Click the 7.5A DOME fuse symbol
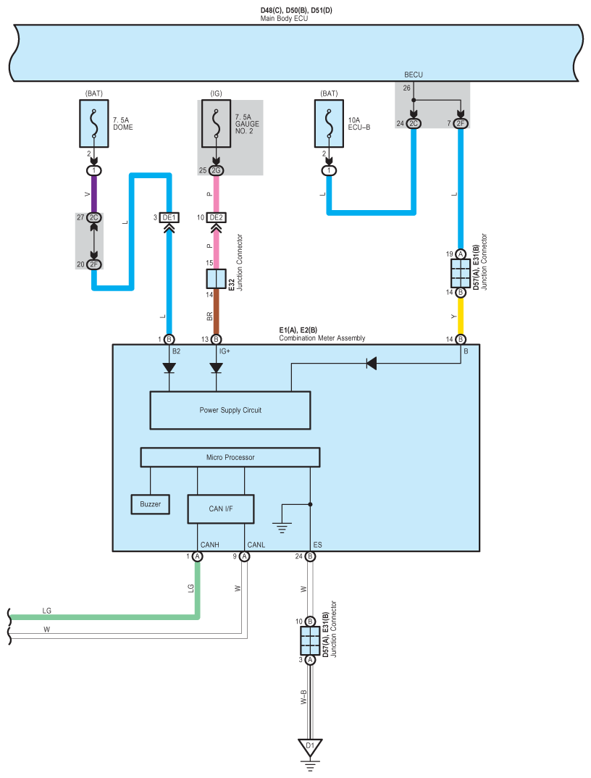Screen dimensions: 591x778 94,124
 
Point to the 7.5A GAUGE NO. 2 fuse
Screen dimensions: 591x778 216,124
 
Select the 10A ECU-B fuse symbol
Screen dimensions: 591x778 329,124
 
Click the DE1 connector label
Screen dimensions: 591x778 169,217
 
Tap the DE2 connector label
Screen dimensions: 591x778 216,217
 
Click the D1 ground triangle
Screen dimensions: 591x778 310,747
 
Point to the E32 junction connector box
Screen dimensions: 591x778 216,279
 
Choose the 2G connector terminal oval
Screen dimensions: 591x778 216,170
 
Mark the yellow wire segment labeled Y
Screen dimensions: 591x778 461,316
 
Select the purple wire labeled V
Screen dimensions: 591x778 94,194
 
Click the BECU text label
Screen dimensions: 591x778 414,75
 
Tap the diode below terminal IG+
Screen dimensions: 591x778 216,368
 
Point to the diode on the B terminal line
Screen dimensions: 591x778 371,363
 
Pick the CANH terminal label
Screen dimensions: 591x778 210,545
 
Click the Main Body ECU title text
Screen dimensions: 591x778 285,18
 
